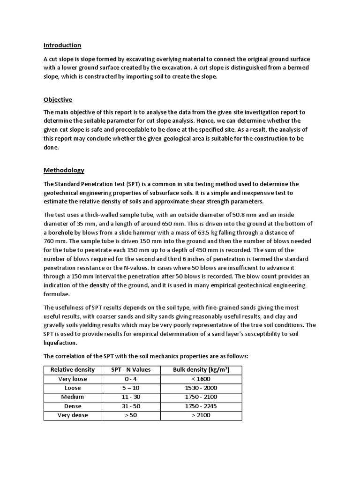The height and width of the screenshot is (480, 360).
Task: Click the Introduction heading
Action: [x=62, y=45]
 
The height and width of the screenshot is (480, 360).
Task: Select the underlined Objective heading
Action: [x=58, y=100]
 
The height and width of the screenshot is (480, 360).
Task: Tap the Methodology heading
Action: [x=64, y=170]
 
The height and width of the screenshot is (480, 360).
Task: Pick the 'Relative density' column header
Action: [x=73, y=370]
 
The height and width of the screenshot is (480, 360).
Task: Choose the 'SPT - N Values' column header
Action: [x=131, y=370]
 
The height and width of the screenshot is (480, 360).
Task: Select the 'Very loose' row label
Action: [x=73, y=379]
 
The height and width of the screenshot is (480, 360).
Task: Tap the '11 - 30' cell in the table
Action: [x=131, y=397]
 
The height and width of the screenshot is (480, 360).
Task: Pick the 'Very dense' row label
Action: [x=73, y=415]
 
